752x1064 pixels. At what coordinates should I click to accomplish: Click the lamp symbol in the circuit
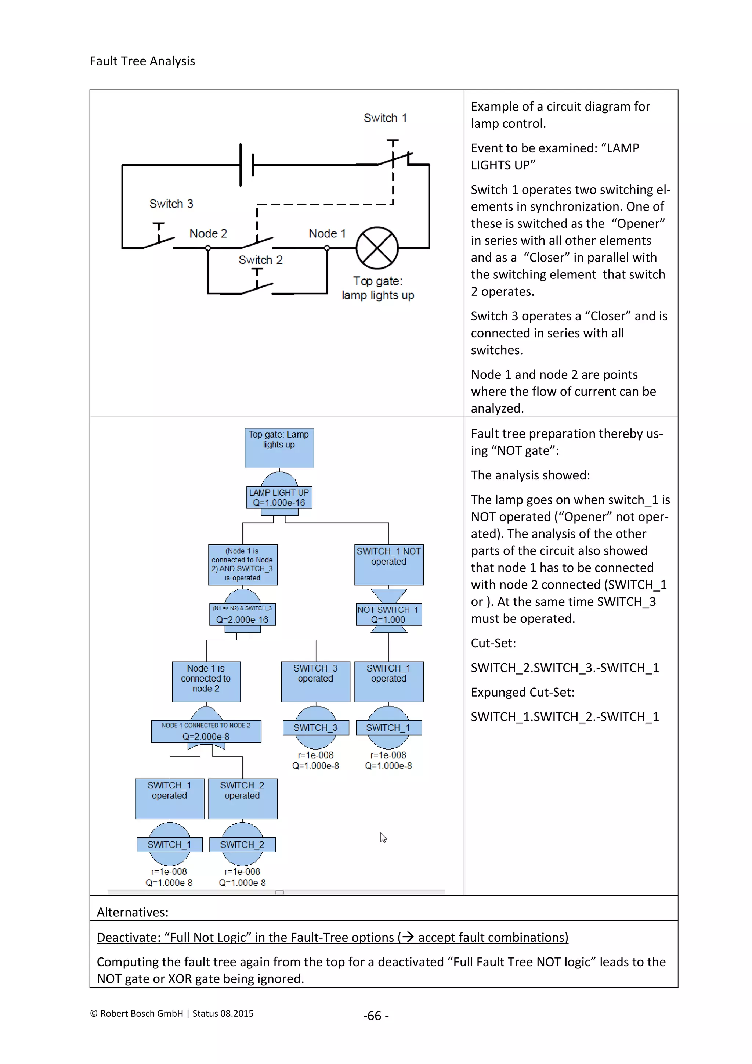click(377, 248)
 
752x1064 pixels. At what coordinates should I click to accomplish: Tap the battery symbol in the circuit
click(247, 165)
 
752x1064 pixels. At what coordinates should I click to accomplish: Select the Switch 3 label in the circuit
click(171, 204)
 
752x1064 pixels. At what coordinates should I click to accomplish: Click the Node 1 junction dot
click(327, 248)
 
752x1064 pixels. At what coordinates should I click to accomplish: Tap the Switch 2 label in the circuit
click(260, 260)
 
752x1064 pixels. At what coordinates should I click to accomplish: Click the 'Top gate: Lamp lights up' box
click(279, 447)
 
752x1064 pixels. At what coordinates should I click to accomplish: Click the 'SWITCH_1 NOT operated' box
click(388, 564)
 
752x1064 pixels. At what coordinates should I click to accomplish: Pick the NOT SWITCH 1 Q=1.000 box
click(388, 615)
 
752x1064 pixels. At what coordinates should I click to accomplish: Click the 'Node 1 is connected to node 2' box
click(206, 681)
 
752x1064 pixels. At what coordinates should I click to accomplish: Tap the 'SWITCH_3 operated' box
click(315, 681)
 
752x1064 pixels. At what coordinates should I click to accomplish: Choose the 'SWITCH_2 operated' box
click(242, 798)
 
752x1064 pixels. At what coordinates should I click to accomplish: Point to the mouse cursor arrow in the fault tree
click(383, 837)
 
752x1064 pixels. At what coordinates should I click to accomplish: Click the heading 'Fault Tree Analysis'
click(142, 61)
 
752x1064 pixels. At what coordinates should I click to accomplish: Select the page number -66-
click(376, 1016)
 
